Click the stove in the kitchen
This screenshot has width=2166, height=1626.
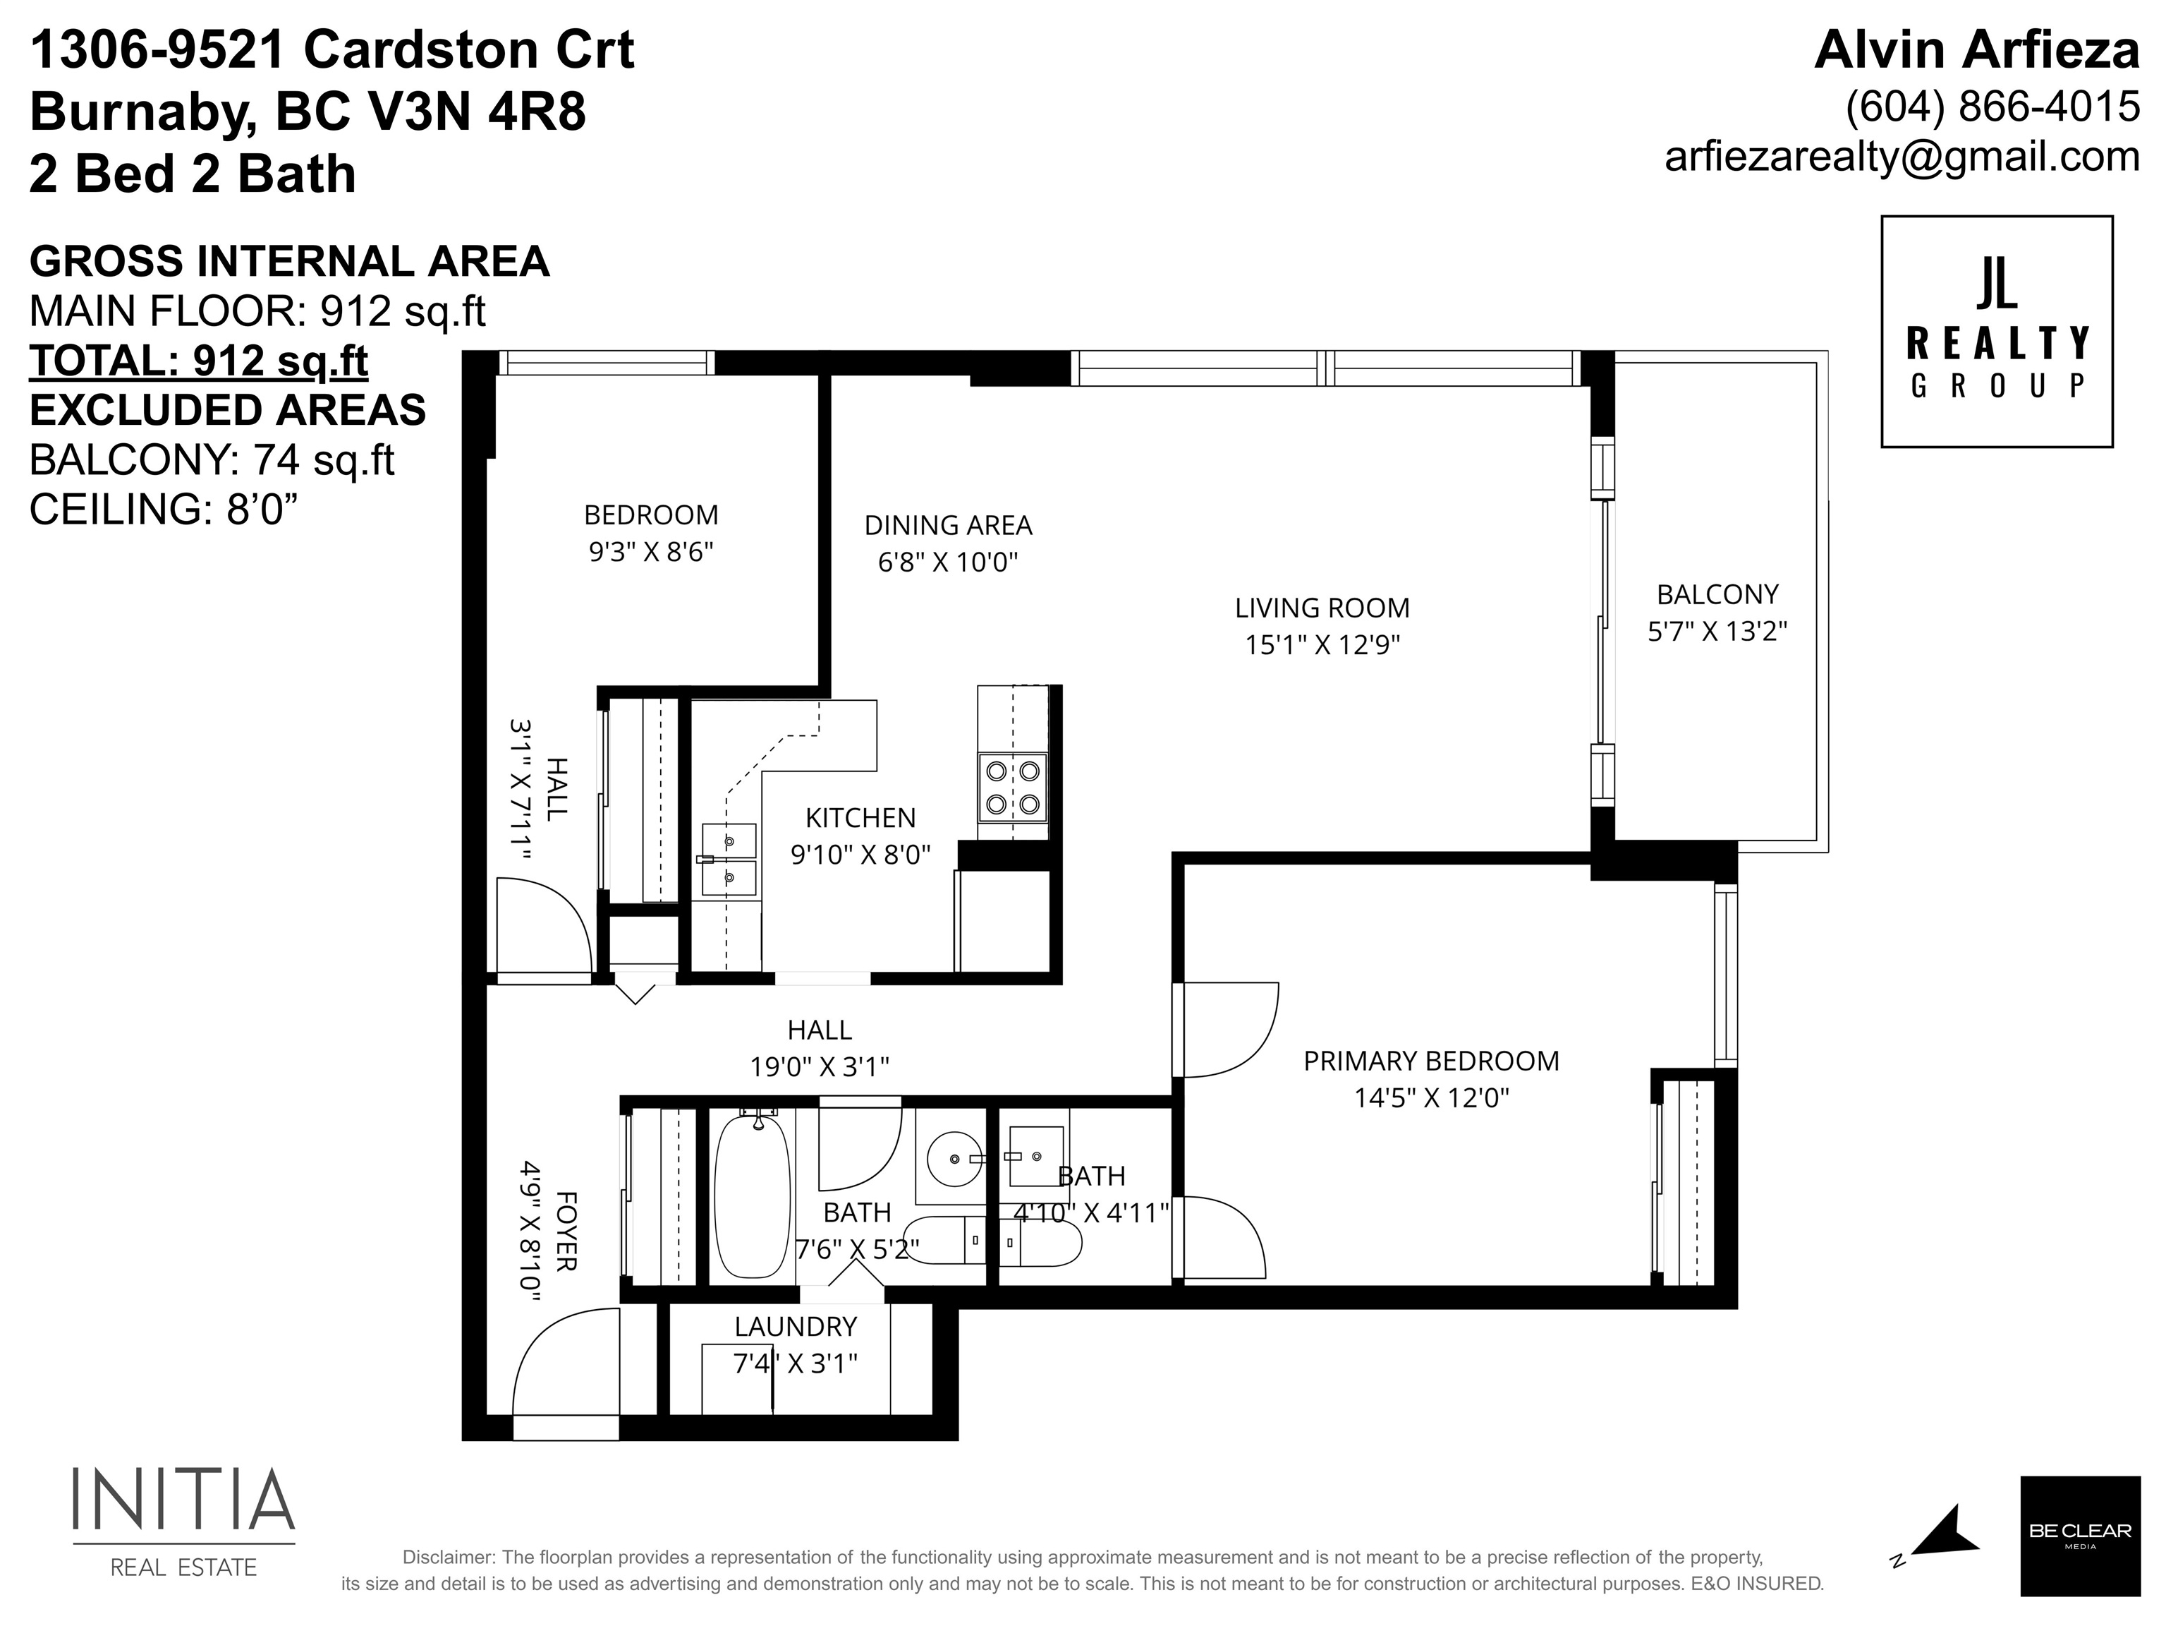[1013, 788]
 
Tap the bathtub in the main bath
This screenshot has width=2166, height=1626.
[752, 1196]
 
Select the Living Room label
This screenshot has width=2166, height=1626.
[1322, 608]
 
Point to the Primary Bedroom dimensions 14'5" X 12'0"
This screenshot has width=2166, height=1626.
[1432, 1098]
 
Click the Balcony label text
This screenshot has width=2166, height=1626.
[1717, 594]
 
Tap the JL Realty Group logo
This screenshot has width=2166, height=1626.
[1997, 332]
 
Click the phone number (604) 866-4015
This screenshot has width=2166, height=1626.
[1992, 107]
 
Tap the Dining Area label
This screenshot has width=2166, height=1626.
[948, 525]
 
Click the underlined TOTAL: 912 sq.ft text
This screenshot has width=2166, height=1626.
[199, 361]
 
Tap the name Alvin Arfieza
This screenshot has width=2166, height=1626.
[1977, 50]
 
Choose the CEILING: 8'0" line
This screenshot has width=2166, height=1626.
[164, 510]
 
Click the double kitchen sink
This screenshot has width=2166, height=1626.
[729, 859]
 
